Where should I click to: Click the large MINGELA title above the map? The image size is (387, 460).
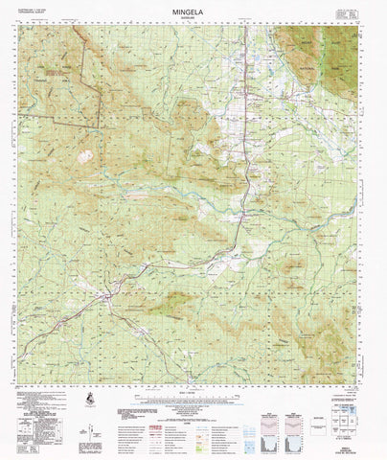coord(194,9)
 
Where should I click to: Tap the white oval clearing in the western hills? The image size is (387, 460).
coord(85,155)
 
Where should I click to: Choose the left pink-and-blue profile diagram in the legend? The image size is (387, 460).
coord(269,423)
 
